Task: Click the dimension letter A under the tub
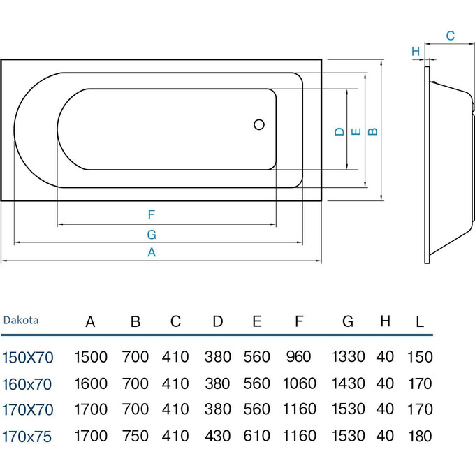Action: (x=151, y=254)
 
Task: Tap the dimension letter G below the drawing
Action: (x=151, y=234)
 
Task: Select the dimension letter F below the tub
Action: (x=151, y=214)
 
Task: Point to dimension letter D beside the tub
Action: (x=338, y=131)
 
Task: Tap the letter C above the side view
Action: (x=450, y=36)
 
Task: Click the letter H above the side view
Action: (x=415, y=51)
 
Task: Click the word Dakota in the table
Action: (x=21, y=321)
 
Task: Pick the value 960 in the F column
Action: (x=299, y=357)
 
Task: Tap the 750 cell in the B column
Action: (x=136, y=436)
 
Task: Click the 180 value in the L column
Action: (x=419, y=436)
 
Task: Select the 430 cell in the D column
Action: (x=218, y=436)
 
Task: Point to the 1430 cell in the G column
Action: (x=349, y=383)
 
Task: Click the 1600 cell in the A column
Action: (x=91, y=383)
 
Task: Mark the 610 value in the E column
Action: (x=257, y=436)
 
